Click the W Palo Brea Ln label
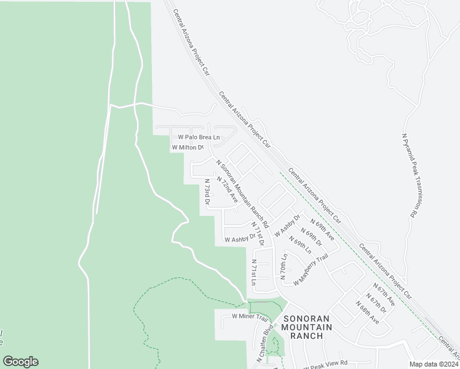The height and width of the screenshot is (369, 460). pyautogui.click(x=199, y=137)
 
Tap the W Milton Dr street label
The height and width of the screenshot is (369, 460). pyautogui.click(x=187, y=148)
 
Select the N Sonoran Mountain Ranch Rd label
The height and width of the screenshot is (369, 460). pyautogui.click(x=243, y=190)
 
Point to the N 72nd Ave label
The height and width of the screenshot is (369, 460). pyautogui.click(x=227, y=190)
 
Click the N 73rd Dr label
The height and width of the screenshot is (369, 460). pyautogui.click(x=207, y=192)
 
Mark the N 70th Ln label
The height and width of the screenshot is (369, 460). pyautogui.click(x=284, y=266)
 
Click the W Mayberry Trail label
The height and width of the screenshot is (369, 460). pyautogui.click(x=311, y=269)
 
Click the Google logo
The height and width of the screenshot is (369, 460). pyautogui.click(x=20, y=362)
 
